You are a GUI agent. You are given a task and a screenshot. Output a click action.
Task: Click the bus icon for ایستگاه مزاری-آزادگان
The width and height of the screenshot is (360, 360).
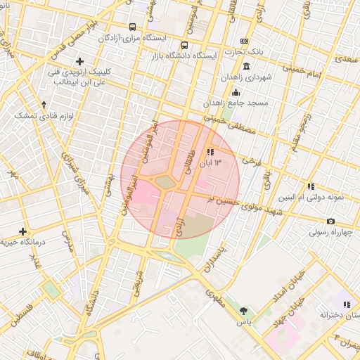point(133,27)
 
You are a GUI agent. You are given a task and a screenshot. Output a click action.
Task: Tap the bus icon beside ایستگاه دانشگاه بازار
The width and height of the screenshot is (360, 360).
point(184,46)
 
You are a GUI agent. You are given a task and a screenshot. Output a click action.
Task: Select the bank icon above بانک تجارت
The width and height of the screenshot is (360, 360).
point(244,41)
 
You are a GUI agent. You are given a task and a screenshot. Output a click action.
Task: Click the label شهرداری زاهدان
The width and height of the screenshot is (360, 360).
point(244,77)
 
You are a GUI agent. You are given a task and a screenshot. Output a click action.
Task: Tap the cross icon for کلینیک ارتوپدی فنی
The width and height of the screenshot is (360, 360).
point(80,61)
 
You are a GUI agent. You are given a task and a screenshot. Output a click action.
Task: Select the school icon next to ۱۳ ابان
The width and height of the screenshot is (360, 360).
point(210,152)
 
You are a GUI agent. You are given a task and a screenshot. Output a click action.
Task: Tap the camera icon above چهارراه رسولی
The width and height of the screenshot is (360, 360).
point(311,221)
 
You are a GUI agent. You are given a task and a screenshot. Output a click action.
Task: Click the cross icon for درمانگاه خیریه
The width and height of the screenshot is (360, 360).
point(23,231)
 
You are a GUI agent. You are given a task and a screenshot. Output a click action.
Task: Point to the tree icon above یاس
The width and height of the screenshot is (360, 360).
point(243,310)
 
